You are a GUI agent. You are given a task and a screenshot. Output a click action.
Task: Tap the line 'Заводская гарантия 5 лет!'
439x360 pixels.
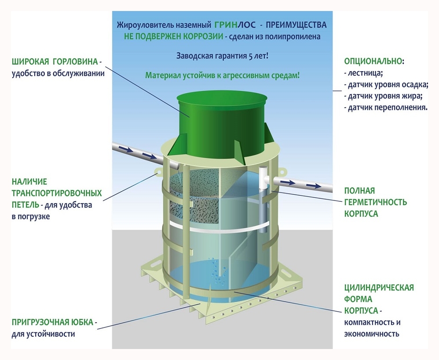coord(222,56)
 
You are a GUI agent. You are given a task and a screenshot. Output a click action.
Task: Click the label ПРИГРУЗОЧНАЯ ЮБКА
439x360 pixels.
coord(52,322)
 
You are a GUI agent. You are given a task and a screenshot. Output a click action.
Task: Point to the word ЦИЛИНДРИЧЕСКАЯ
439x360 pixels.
coord(379,287)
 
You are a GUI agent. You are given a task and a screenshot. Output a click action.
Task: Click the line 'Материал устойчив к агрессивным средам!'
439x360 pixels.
coord(222,75)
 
